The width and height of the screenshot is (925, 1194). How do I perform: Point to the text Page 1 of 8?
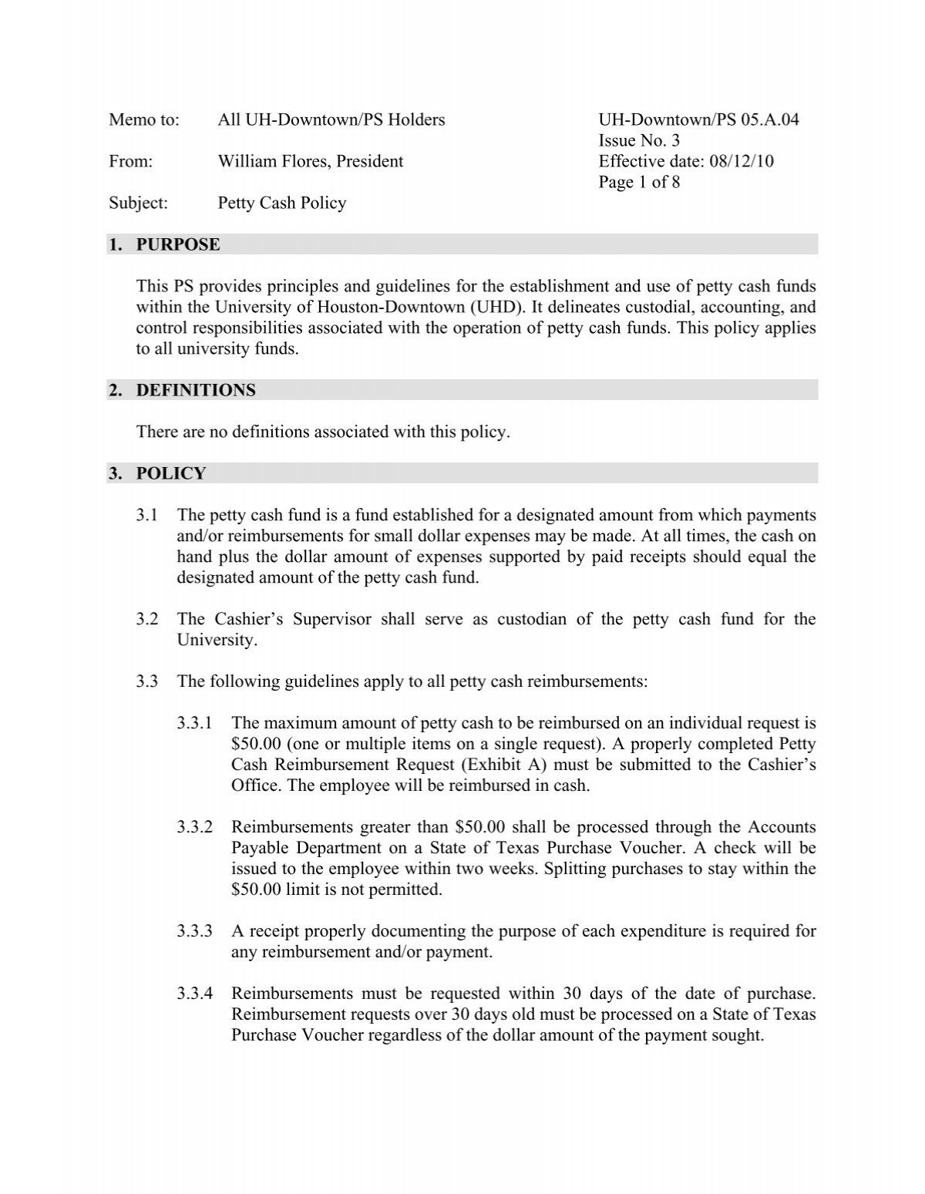(639, 183)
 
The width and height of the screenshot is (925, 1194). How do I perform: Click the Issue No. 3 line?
(639, 141)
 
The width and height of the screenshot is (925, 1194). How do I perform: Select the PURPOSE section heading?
(178, 245)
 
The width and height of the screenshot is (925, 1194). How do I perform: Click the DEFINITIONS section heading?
(196, 391)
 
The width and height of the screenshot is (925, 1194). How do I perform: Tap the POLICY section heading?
(171, 474)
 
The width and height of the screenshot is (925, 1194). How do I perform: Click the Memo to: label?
(143, 120)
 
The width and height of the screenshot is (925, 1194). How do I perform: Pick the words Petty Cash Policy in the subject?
(282, 203)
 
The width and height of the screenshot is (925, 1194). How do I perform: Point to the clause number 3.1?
(147, 516)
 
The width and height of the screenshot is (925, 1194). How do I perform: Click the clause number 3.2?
(147, 620)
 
